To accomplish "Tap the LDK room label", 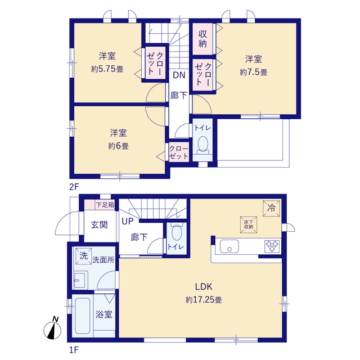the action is pos(204,286).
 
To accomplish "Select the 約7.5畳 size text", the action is pos(254,73).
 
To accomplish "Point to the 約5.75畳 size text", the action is pos(107,69).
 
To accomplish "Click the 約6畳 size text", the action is pos(119,146).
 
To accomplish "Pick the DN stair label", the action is pos(179,75).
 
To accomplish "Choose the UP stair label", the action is pos(128,221).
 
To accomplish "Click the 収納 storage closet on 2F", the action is pos(202,39).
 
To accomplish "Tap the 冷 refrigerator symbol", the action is pos(271,209).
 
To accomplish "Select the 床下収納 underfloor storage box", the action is pos(249,224).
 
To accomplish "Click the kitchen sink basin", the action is pos(229,246).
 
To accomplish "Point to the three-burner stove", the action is pos(272,246).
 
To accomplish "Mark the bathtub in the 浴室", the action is pos(83,316).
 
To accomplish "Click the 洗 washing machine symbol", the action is pos(84,256).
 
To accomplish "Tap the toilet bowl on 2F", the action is pos(202,146).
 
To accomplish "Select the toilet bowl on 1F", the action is pos(177,231).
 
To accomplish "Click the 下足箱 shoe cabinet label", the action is pos(105,205).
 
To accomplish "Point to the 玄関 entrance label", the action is pos(99,225).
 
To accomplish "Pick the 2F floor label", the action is pos(74,187).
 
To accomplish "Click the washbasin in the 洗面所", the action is pos(80,280).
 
